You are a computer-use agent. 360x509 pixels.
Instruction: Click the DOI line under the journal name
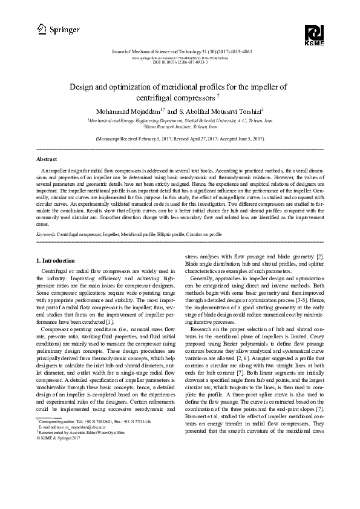(180, 63)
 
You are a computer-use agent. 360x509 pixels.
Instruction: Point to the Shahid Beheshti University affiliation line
(180, 121)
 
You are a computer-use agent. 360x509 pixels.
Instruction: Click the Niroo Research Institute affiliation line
(180, 127)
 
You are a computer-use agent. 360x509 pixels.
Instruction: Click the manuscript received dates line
(180, 139)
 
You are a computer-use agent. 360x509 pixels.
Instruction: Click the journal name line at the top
(180, 52)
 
